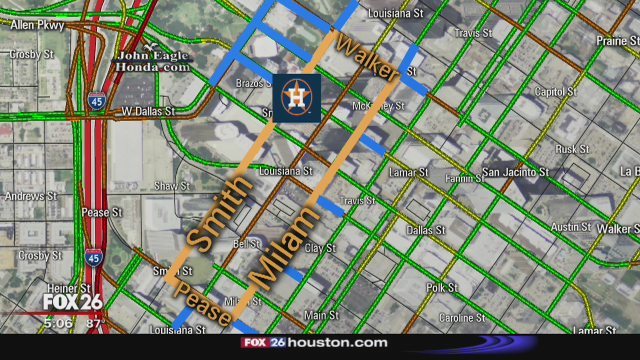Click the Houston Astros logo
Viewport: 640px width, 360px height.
pyautogui.click(x=296, y=98)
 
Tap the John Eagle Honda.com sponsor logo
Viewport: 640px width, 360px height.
pyautogui.click(x=151, y=60)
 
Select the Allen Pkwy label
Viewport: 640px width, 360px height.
pyautogui.click(x=37, y=25)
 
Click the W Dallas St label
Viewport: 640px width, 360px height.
pyautogui.click(x=148, y=111)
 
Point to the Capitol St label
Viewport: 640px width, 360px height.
pyautogui.click(x=555, y=92)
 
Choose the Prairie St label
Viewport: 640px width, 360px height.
pyautogui.click(x=617, y=40)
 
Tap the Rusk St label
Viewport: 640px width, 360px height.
pyautogui.click(x=572, y=149)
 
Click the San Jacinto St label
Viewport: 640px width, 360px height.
pyautogui.click(x=515, y=172)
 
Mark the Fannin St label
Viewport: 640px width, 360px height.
pyautogui.click(x=464, y=178)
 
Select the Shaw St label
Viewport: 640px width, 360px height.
pyautogui.click(x=172, y=186)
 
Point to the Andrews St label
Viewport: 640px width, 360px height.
pyautogui.click(x=31, y=196)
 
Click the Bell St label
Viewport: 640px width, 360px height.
pyautogui.click(x=246, y=244)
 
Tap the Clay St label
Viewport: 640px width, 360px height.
pyautogui.click(x=320, y=248)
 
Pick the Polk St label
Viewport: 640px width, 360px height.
pyautogui.click(x=442, y=287)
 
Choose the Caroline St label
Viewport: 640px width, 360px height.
pyautogui.click(x=461, y=318)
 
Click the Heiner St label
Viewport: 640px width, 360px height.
pyautogui.click(x=69, y=288)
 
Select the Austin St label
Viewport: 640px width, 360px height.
pyautogui.click(x=570, y=227)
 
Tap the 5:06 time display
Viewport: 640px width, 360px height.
pyautogui.click(x=58, y=323)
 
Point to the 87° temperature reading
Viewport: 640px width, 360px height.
pyautogui.click(x=95, y=323)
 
